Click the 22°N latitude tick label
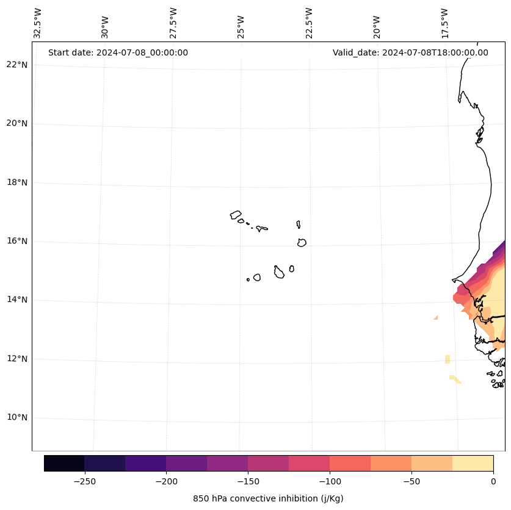[x=15, y=65]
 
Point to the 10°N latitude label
[x=15, y=418]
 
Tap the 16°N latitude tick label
[x=15, y=241]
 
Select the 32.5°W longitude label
[x=38, y=23]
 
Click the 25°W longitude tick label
[x=241, y=23]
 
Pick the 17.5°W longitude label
[x=445, y=23]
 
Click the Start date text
[x=118, y=52]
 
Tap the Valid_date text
[x=410, y=52]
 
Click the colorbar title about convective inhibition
[x=268, y=498]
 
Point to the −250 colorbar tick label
[x=84, y=481]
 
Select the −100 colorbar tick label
[x=329, y=481]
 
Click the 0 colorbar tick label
[x=493, y=481]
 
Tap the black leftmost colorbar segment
[x=64, y=463]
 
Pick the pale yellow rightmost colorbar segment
[x=473, y=463]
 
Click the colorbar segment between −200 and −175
[x=186, y=463]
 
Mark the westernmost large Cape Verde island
[x=236, y=215]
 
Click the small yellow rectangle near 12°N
[x=448, y=359]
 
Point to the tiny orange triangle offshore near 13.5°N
[x=436, y=318]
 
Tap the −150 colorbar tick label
[x=247, y=481]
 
